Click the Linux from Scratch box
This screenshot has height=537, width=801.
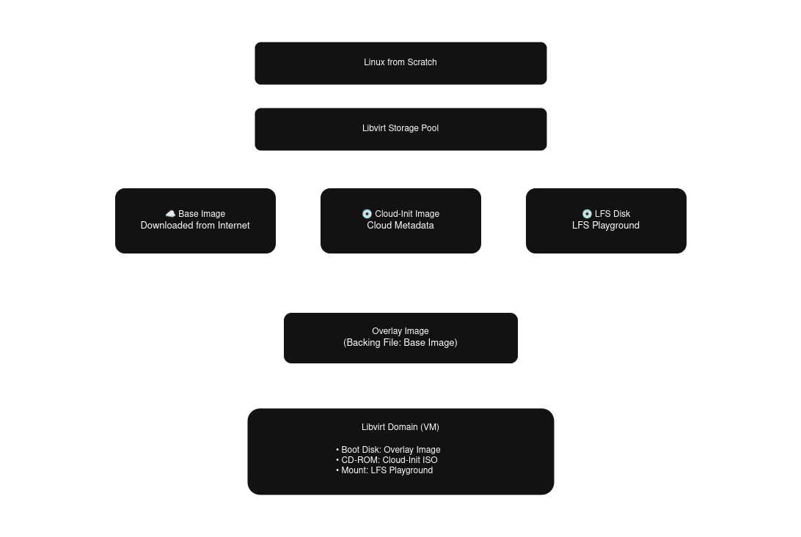point(400,63)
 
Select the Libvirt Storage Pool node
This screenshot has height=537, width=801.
point(400,129)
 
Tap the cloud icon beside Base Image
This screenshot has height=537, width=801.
point(170,214)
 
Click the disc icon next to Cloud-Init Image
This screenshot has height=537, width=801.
point(367,214)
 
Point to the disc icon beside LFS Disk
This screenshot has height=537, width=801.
point(587,214)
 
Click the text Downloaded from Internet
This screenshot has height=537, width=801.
point(195,226)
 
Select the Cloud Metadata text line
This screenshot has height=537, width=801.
point(400,226)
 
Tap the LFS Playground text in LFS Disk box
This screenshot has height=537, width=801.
point(606,226)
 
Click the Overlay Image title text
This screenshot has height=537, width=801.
point(400,331)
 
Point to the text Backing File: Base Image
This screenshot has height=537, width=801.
point(400,343)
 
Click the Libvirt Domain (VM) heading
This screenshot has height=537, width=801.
point(400,427)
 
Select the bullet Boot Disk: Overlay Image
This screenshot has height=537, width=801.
point(389,450)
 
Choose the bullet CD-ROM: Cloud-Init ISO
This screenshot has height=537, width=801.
point(387,460)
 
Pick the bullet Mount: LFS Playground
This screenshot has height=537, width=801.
point(385,470)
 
